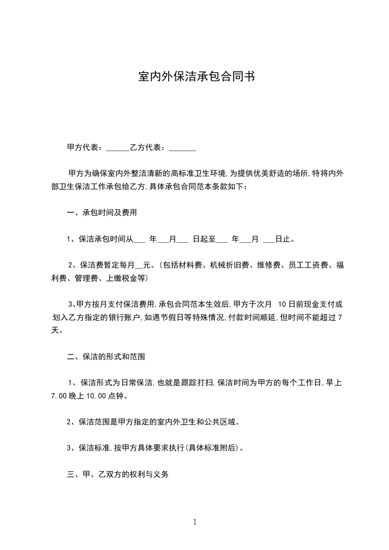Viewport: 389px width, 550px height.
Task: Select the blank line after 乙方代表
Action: (182, 149)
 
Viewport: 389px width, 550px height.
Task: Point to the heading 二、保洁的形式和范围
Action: (105, 357)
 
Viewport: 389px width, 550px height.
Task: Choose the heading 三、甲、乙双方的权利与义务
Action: (118, 475)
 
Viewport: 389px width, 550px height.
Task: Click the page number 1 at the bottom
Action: (195, 522)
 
